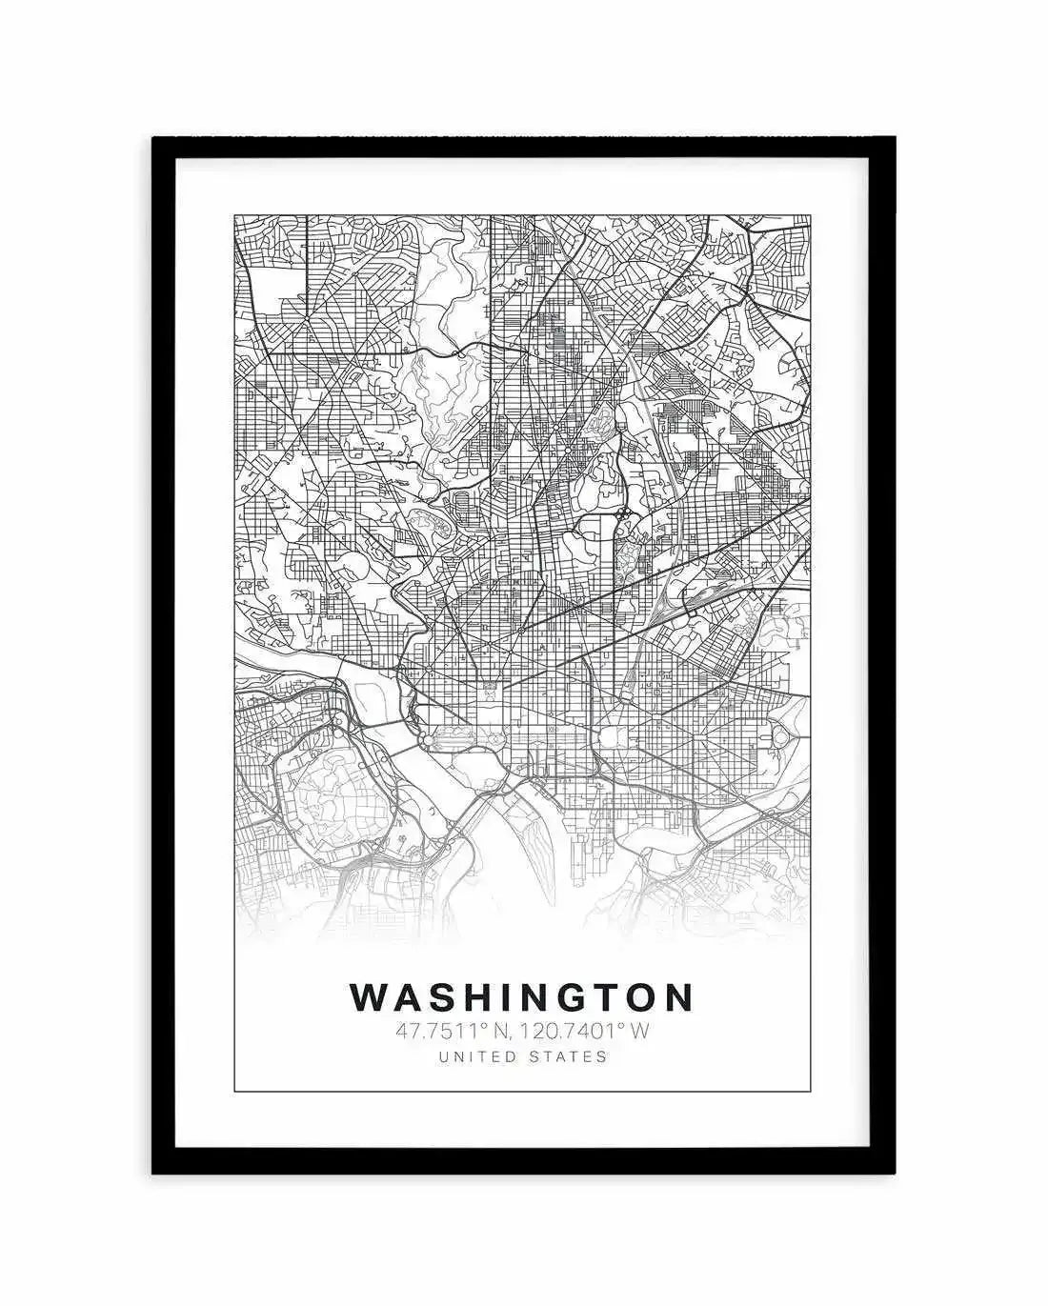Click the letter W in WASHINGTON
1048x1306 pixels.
click(x=369, y=997)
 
